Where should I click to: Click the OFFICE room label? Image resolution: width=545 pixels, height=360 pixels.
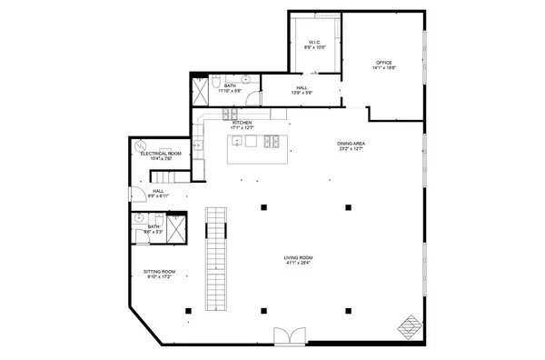pyautogui.click(x=382, y=63)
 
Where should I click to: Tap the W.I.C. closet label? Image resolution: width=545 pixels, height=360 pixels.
pyautogui.click(x=312, y=42)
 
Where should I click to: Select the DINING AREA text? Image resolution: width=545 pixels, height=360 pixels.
pyautogui.click(x=351, y=144)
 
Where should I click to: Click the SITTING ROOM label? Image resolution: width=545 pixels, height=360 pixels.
pyautogui.click(x=159, y=271)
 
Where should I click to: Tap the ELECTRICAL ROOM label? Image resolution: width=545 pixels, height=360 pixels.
pyautogui.click(x=161, y=154)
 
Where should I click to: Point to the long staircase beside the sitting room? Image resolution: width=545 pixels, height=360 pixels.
pyautogui.click(x=215, y=259)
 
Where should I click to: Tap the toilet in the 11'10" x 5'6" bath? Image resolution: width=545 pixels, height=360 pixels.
pyautogui.click(x=213, y=83)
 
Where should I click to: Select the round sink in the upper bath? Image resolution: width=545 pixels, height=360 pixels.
pyautogui.click(x=245, y=80)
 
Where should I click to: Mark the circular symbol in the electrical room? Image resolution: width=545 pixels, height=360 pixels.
pyautogui.click(x=140, y=145)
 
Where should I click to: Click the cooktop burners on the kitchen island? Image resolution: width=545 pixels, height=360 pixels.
pyautogui.click(x=271, y=141)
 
